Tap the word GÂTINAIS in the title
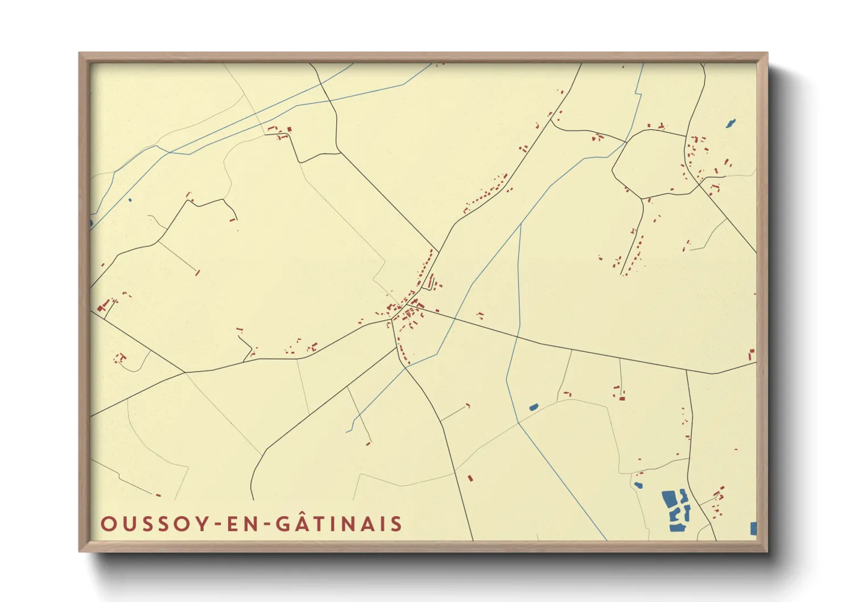pos(340,523)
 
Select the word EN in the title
pos(240,524)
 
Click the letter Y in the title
pos(201,524)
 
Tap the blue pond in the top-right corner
pos(730,123)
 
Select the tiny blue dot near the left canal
pos(130,200)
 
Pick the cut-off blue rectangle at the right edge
pos(753,529)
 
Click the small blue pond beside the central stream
pos(533,407)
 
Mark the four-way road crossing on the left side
pos(185,373)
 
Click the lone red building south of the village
pos(470,478)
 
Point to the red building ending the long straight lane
pos(197,273)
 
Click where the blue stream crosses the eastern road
pos(517,336)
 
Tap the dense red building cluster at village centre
pos(408,311)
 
